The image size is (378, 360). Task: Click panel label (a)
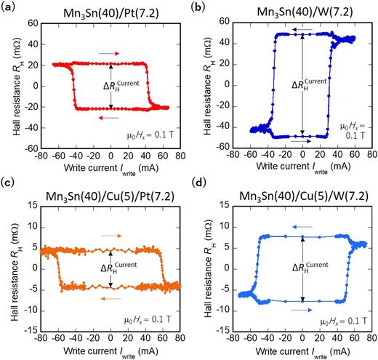pos(11,9)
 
